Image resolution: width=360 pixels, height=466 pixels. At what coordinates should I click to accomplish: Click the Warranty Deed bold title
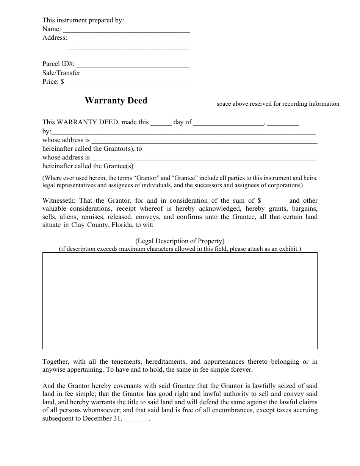click(116, 101)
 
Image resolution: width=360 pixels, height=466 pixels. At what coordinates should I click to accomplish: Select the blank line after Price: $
click(128, 82)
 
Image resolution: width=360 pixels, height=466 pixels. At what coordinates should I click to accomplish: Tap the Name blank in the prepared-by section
click(126, 30)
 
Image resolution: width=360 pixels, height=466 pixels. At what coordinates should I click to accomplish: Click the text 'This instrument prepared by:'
click(83, 20)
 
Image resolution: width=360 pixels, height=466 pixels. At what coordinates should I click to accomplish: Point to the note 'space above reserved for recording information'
click(278, 104)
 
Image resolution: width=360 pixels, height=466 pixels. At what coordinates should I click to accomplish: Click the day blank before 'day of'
click(161, 123)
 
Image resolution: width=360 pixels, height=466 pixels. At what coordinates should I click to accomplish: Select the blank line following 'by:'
click(183, 132)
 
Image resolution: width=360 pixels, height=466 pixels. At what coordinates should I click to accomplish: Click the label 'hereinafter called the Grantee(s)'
click(88, 166)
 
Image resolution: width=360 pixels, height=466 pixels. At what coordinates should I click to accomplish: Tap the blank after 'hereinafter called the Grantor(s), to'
click(230, 149)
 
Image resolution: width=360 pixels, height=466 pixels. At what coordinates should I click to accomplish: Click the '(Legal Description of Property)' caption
click(180, 241)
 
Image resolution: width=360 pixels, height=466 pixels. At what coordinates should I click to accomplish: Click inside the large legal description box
click(180, 300)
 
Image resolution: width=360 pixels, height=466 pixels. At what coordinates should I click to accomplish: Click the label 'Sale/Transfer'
click(61, 73)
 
